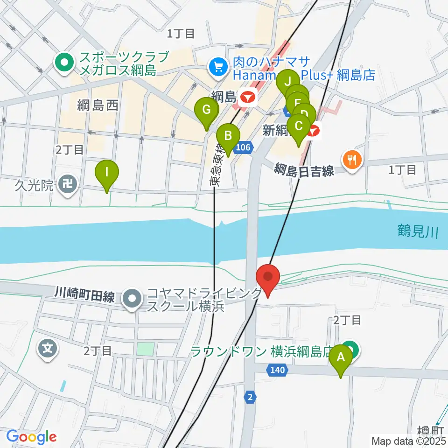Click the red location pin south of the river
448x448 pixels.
tap(268, 279)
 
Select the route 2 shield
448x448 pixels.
tap(251, 397)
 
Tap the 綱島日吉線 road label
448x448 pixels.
tap(304, 170)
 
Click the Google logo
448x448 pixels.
tap(31, 437)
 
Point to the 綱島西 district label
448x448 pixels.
tap(98, 105)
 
